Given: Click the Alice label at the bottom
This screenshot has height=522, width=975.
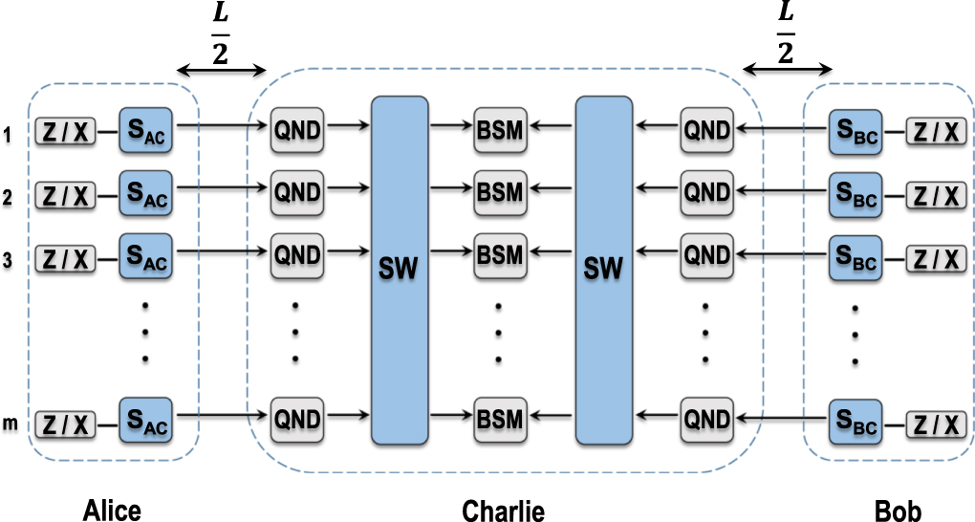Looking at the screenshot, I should coord(111,511).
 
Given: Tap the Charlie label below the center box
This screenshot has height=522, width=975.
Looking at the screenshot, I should coord(503,511).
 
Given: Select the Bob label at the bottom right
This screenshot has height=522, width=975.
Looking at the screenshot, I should coord(898,511).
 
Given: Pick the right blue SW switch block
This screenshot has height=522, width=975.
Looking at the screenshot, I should coord(604,270).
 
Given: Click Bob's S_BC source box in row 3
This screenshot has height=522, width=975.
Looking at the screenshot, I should coord(856,258).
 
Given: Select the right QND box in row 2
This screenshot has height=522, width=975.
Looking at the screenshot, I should coord(706,192).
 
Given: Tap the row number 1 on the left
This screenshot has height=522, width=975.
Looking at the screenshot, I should coord(9,134).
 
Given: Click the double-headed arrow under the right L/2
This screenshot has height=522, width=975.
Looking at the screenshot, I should coord(787,70).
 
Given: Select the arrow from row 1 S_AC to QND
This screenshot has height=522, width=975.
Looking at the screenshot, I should coord(222,124).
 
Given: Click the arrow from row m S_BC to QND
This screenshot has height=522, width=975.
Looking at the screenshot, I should coord(781,416).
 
